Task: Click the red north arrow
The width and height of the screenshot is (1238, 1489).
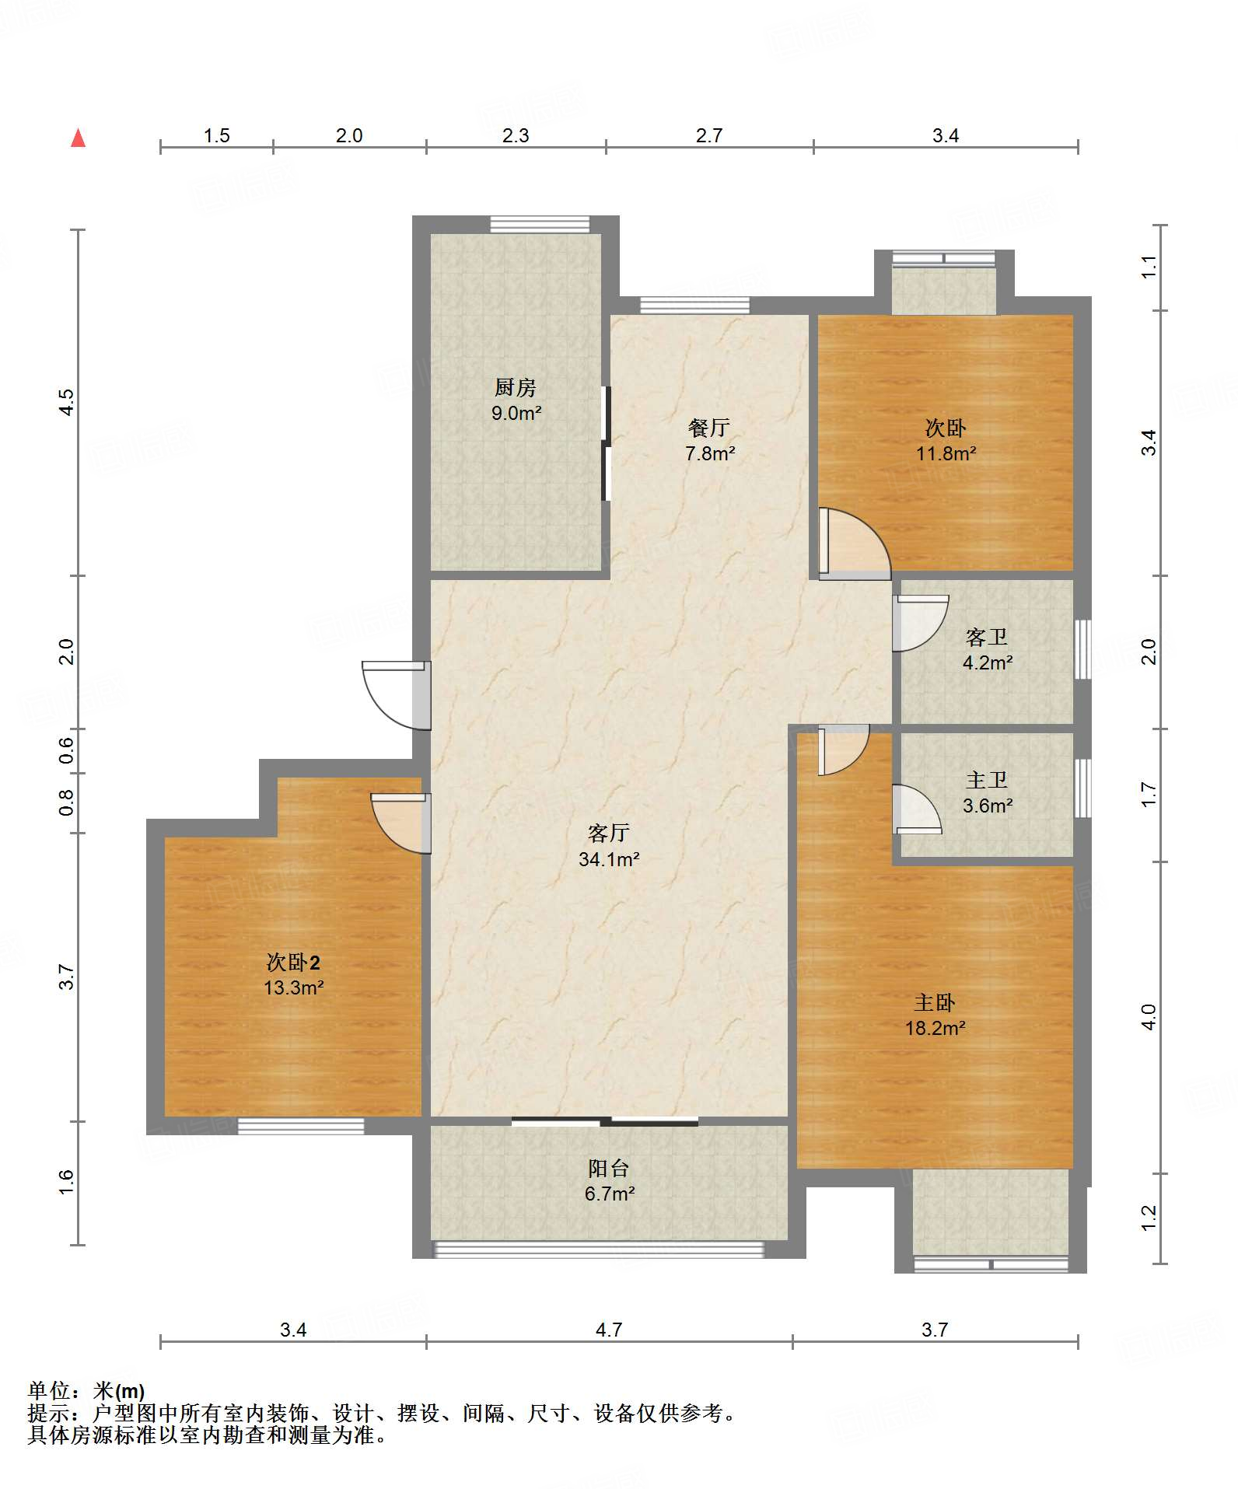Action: coord(78,138)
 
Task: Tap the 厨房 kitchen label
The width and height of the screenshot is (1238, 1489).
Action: coord(516,387)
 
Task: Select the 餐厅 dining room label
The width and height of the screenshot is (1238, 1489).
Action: coord(709,428)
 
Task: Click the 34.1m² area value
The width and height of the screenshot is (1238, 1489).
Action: coord(609,859)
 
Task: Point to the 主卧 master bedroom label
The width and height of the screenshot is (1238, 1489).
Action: coord(935,1002)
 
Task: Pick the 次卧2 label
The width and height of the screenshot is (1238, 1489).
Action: coord(293,963)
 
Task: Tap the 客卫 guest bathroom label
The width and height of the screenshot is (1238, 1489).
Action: coord(987,638)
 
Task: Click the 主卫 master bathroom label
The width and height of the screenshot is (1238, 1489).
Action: coord(987,780)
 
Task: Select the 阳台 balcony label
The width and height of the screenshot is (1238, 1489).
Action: coord(609,1168)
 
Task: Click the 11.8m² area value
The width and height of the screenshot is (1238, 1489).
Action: coord(946,453)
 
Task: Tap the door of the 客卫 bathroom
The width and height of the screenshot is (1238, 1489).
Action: coord(920,623)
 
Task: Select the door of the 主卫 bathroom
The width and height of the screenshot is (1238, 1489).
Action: coord(916,809)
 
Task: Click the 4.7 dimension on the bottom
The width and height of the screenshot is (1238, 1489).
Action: coord(609,1330)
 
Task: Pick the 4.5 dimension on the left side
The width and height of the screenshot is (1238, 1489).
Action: coord(67,402)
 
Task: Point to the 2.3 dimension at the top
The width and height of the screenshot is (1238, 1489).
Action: coord(516,136)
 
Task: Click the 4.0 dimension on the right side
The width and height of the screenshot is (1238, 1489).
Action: coord(1149,1016)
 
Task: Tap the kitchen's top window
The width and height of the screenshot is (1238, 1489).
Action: coord(540,224)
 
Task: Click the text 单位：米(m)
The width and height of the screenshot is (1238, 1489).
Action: coord(86,1391)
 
